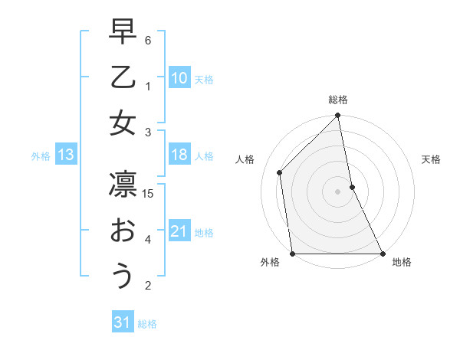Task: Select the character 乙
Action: pos(123,78)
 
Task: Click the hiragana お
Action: pos(123,231)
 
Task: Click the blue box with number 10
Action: pos(179,78)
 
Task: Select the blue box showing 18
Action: pos(179,155)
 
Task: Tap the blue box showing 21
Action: pos(179,231)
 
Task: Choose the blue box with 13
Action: pos(65,155)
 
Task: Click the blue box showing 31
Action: pos(123,322)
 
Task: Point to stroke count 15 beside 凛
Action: pos(149,194)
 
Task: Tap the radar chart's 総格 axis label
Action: pos(337,100)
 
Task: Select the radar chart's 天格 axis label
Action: pos(431,159)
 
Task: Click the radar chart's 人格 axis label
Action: pos(245,159)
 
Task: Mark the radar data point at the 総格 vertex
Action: pos(337,116)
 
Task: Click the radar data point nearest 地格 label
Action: pos(382,253)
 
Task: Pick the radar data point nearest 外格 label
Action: pos(293,253)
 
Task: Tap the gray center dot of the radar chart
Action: pos(337,191)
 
